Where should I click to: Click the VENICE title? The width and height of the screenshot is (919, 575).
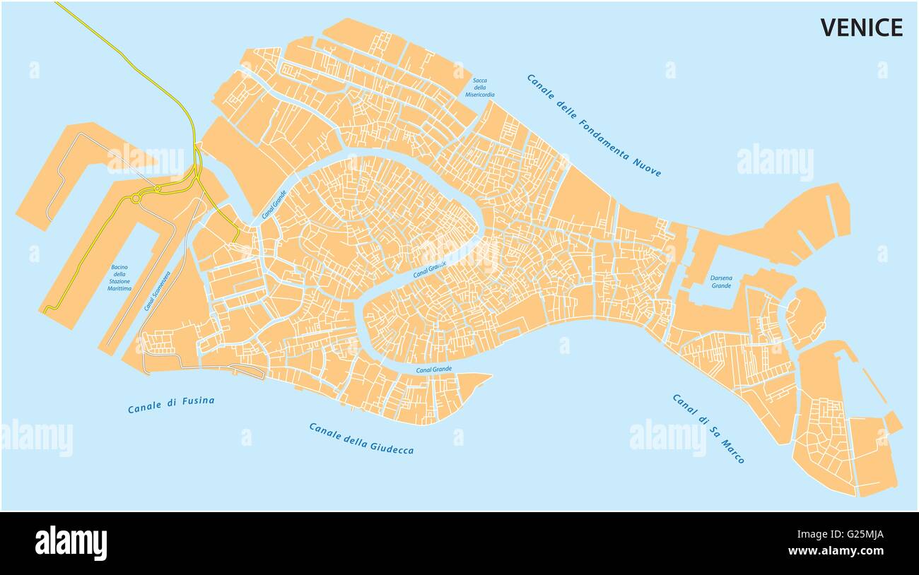pyautogui.click(x=861, y=28)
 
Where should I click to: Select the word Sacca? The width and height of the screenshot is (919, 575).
pyautogui.click(x=480, y=81)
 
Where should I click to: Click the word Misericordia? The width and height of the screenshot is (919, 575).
pyautogui.click(x=480, y=95)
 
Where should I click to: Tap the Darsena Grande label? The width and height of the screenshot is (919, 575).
pyautogui.click(x=721, y=282)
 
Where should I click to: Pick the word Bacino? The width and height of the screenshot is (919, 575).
pyautogui.click(x=119, y=267)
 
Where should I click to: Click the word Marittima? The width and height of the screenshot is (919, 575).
pyautogui.click(x=119, y=289)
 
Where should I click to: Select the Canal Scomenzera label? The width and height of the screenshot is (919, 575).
pyautogui.click(x=157, y=290)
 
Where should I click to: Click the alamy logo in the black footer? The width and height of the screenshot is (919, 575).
pyautogui.click(x=71, y=543)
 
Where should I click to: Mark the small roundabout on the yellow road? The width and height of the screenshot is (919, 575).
pyautogui.click(x=135, y=199)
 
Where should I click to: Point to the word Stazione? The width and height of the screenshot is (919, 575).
pyautogui.click(x=119, y=281)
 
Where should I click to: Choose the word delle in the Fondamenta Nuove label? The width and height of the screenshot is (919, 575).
pyautogui.click(x=564, y=107)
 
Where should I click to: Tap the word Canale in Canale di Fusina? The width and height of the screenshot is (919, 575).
pyautogui.click(x=145, y=408)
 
